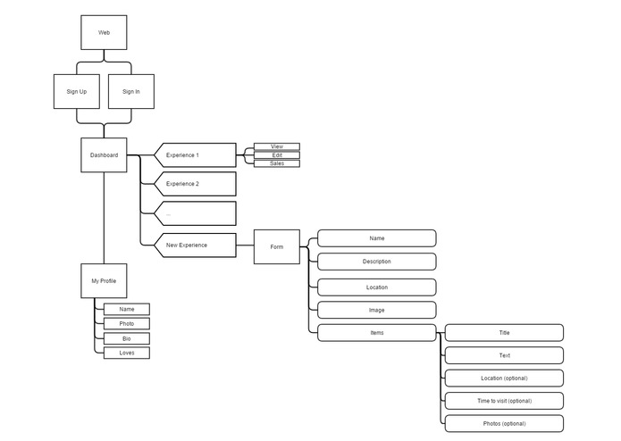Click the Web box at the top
[104, 32]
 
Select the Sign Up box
[77, 91]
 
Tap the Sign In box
[131, 91]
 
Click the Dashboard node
[104, 155]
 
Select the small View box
[277, 146]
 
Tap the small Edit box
[277, 155]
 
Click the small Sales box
[277, 163]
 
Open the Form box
[277, 246]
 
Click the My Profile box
[104, 281]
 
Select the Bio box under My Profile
[127, 338]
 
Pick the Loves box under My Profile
[127, 353]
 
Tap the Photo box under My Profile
[127, 323]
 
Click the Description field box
[377, 262]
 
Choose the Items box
[377, 332]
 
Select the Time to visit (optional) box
[504, 401]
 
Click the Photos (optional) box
[504, 423]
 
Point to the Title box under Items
[504, 332]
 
